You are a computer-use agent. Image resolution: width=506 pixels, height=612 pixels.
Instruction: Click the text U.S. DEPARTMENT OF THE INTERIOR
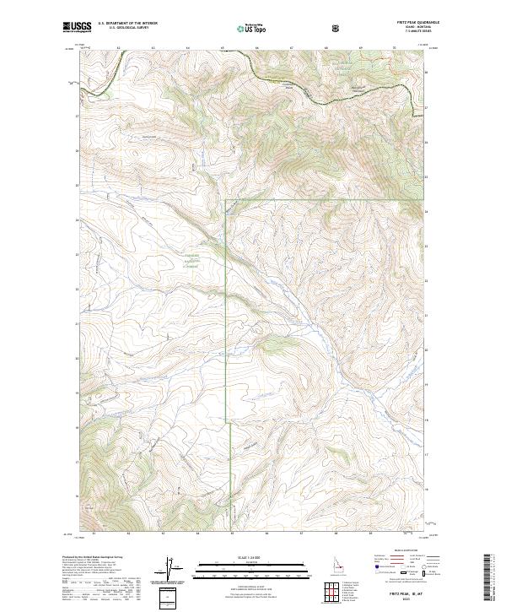[x=127, y=24]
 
